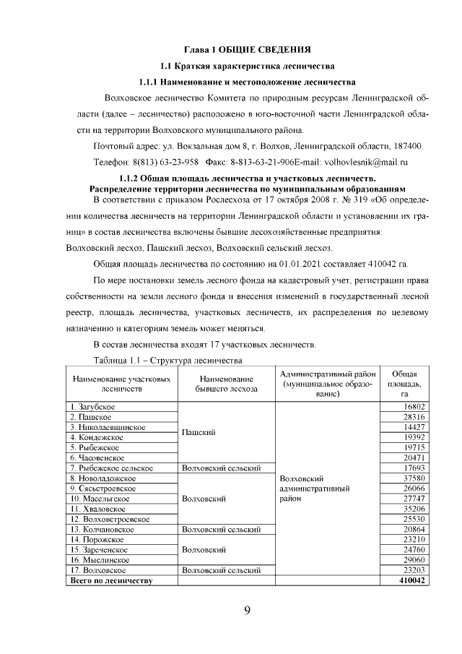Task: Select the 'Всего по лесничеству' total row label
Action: click(109, 580)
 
